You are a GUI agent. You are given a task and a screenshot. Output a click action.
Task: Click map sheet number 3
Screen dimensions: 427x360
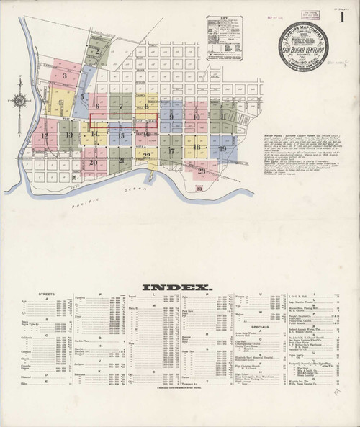coord(65,74)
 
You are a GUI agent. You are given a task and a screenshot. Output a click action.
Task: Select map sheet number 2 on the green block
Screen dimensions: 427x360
coord(96,52)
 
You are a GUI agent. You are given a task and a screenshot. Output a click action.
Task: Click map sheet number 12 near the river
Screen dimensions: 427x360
coord(45,135)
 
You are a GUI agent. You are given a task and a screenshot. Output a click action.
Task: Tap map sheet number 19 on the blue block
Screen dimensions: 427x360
coord(222,149)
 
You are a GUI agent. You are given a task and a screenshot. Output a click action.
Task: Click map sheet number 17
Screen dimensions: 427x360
coord(173,152)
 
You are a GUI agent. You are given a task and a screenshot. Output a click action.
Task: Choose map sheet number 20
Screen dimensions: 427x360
coord(93,162)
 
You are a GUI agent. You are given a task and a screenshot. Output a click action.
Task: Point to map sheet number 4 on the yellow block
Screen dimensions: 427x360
coord(60,103)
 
